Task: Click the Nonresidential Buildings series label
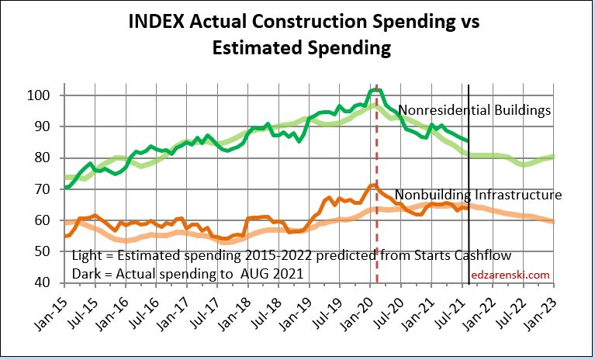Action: tap(474, 110)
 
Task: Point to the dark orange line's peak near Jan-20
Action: tap(375, 185)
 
